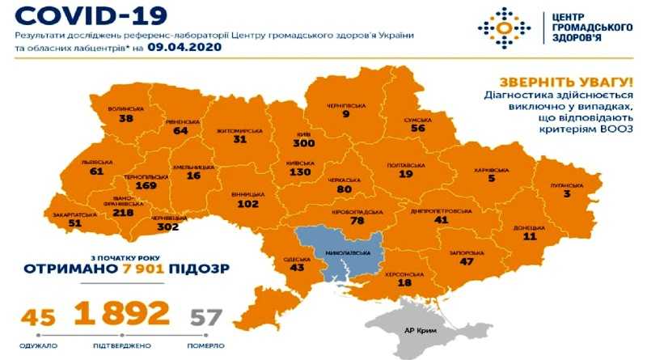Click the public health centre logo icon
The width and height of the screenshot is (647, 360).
click(x=504, y=28)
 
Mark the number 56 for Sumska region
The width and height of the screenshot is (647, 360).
click(x=417, y=128)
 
